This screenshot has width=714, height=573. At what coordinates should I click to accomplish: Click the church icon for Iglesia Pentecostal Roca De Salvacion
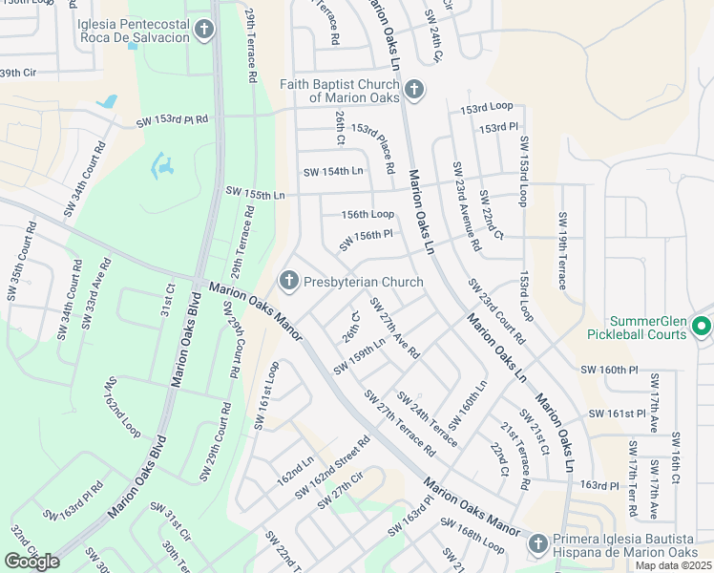203,31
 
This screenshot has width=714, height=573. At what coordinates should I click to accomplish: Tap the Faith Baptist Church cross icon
413,91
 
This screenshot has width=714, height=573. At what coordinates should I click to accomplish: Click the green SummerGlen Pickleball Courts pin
701,326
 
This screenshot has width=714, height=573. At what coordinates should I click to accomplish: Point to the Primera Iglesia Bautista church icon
537,543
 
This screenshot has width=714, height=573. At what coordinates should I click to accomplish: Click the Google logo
31,562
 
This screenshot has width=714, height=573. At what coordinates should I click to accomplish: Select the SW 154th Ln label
333,172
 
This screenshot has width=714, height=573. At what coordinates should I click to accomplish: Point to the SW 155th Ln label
256,192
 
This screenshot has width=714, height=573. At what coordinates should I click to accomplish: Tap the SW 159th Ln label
360,356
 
